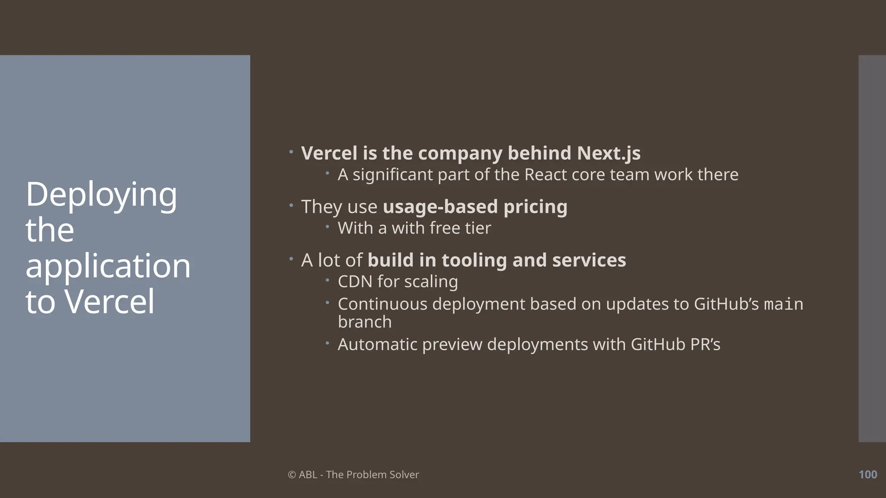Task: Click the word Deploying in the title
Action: point(101,195)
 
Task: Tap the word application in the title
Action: point(108,265)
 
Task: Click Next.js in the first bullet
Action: point(608,153)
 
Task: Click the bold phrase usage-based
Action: point(440,207)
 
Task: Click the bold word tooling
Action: point(474,261)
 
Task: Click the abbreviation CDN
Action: point(355,281)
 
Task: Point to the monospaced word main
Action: point(783,304)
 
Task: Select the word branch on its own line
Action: point(365,322)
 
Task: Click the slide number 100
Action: point(867,475)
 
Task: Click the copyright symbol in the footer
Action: point(292,475)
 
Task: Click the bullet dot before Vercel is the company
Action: point(291,152)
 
